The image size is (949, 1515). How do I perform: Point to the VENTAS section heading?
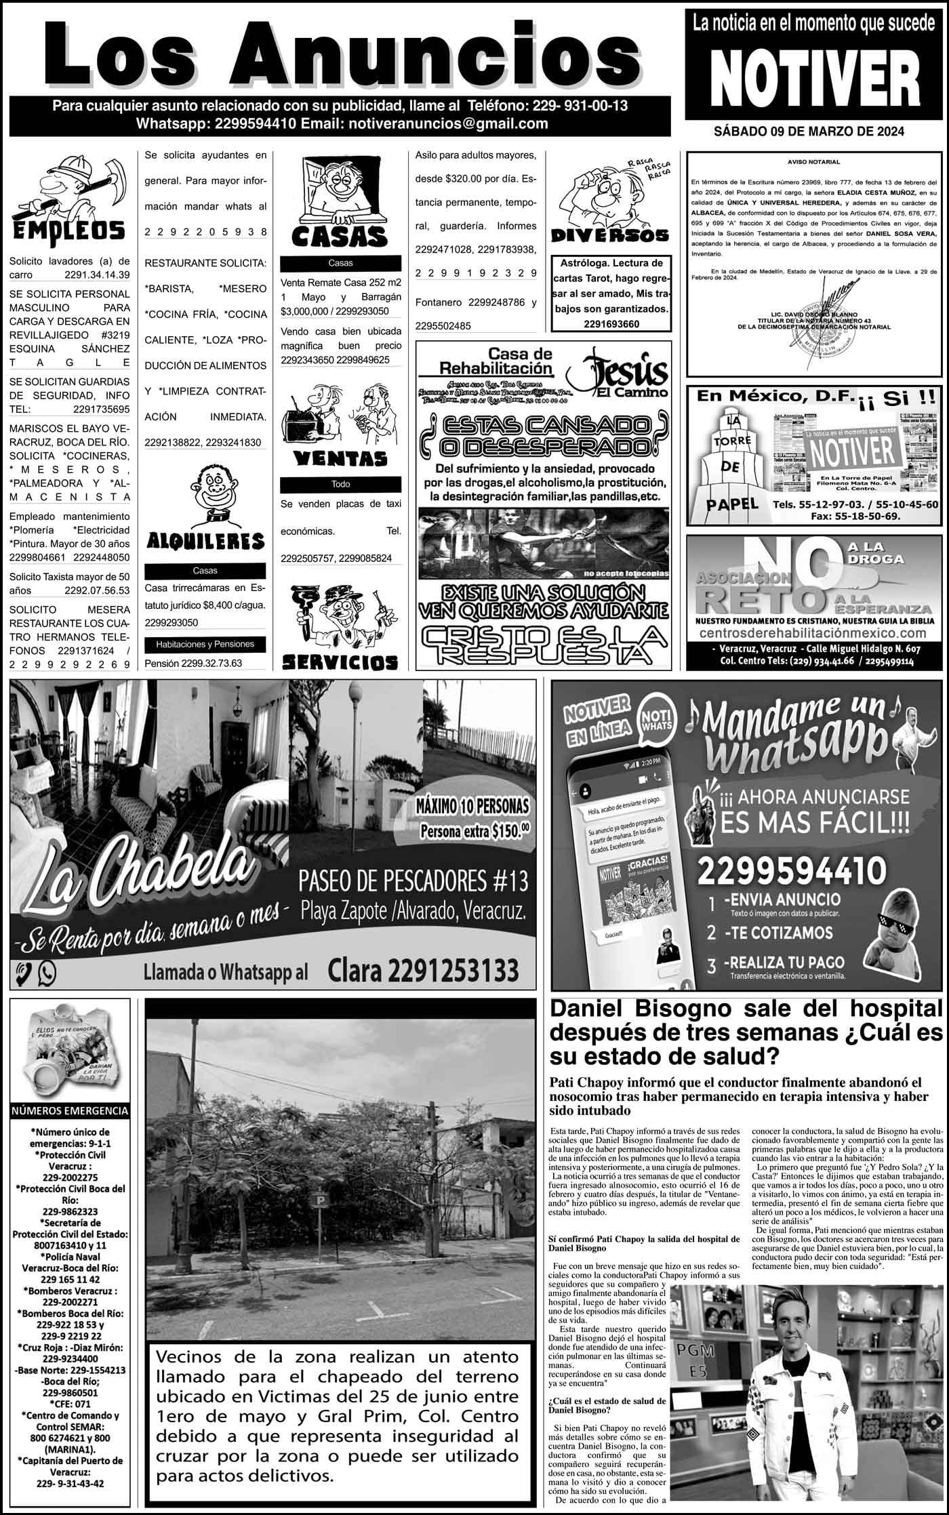pyautogui.click(x=340, y=459)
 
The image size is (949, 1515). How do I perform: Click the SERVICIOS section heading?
pyautogui.click(x=340, y=661)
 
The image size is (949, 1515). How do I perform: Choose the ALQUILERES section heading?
pyautogui.click(x=205, y=541)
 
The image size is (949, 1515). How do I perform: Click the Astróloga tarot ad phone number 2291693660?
pyautogui.click(x=610, y=324)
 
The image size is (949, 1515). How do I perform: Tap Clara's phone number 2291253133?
pyautogui.click(x=423, y=971)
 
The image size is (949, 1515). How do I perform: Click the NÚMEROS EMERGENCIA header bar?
pyautogui.click(x=69, y=1111)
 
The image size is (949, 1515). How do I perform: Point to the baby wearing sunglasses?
pyautogui.click(x=897, y=929)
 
